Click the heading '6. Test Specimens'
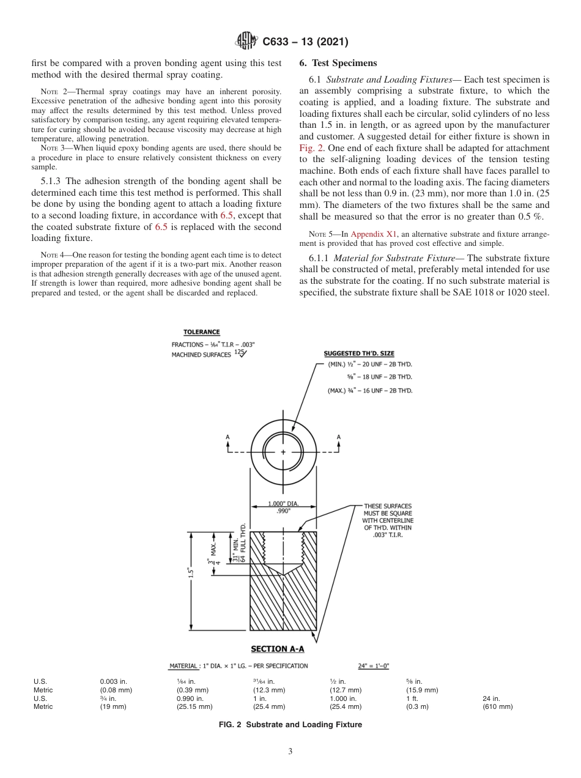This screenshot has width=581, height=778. (x=337, y=63)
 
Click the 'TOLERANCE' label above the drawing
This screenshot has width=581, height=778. (x=201, y=332)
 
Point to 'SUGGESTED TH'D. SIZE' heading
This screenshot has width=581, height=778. (x=359, y=354)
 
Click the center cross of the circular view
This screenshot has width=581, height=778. (x=283, y=452)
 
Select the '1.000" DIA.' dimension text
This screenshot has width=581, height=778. (x=283, y=505)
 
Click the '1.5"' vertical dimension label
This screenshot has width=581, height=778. (x=191, y=573)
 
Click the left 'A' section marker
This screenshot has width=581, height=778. (x=228, y=437)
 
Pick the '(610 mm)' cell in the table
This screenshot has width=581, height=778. (x=498, y=706)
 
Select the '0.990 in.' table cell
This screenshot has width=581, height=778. (x=190, y=698)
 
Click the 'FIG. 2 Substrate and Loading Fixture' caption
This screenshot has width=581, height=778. (x=290, y=725)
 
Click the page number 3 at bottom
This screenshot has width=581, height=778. (x=290, y=752)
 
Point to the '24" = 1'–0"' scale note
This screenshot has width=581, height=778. (x=374, y=665)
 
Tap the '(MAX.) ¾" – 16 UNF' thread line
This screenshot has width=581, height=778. (x=369, y=390)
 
